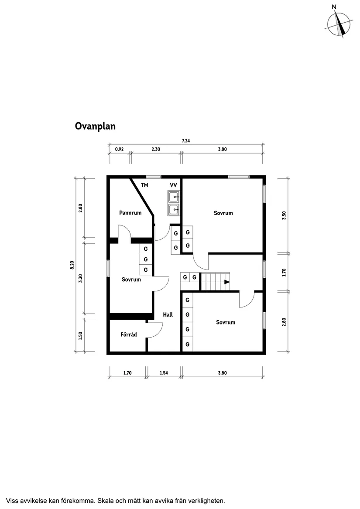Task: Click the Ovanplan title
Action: tap(95, 126)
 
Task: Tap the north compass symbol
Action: tap(339, 24)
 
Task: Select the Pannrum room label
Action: tap(130, 213)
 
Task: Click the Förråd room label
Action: tap(129, 335)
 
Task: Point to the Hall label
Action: tap(168, 314)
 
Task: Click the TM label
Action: tap(144, 185)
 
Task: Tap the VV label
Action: tap(173, 185)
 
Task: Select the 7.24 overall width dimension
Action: tap(186, 141)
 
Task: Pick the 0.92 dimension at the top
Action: tap(119, 149)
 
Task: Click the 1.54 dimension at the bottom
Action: tap(164, 373)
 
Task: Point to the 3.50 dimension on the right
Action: tap(284, 215)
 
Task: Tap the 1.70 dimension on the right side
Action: tap(284, 273)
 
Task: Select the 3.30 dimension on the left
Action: tap(80, 278)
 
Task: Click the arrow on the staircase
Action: tap(227, 282)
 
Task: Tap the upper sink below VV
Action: tap(174, 197)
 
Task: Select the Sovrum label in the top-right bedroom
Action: tap(223, 213)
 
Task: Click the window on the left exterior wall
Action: tap(108, 268)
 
